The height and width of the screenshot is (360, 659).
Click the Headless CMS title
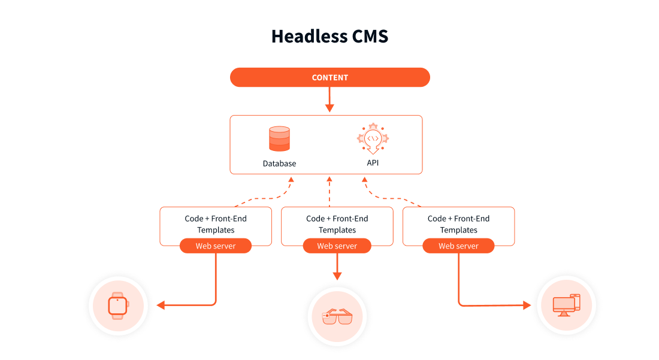click(x=329, y=36)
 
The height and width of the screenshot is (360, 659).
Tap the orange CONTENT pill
click(x=330, y=77)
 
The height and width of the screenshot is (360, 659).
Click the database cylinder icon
click(x=279, y=139)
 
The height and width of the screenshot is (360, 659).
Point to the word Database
click(x=279, y=164)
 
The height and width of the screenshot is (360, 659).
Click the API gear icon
click(x=373, y=139)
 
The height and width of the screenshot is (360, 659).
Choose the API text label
click(x=373, y=163)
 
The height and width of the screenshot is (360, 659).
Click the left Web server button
click(x=216, y=246)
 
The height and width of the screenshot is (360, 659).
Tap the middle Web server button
click(x=337, y=246)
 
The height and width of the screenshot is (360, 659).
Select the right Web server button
click(x=458, y=246)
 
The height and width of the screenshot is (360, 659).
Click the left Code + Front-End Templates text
click(x=216, y=224)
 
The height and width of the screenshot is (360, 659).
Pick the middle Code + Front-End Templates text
click(x=337, y=224)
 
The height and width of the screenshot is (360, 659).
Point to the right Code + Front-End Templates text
click(x=458, y=224)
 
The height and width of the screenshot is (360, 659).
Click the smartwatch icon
click(x=118, y=305)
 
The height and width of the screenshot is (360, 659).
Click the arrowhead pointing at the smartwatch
click(x=161, y=305)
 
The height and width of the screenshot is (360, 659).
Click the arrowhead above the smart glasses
click(x=337, y=276)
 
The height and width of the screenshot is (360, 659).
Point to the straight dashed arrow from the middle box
click(x=329, y=192)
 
